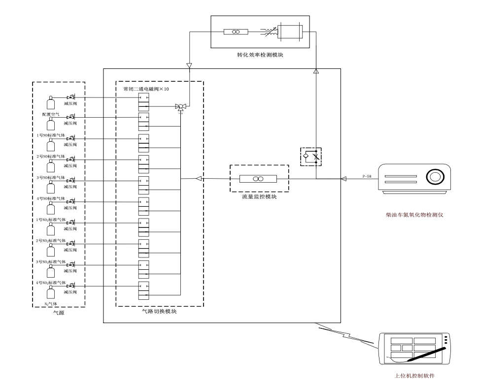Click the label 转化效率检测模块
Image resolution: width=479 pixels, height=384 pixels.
[260, 55]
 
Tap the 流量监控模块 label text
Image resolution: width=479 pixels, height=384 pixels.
[259, 196]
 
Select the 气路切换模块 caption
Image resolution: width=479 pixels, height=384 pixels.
[159, 311]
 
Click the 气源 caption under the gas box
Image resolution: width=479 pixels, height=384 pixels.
[59, 313]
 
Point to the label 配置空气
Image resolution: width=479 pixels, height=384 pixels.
[51, 115]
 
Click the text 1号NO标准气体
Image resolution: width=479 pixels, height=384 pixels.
[51, 135]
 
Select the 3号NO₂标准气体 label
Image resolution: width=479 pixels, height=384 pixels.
[51, 262]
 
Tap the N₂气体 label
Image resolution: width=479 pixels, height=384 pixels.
[51, 304]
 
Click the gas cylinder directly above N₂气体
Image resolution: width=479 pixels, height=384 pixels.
[51, 292]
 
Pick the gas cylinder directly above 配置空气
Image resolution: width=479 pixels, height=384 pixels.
[51, 102]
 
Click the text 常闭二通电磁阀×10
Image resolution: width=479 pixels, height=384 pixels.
[146, 89]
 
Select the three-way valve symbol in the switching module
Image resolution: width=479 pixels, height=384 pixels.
[180, 107]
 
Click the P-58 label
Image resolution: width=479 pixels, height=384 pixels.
[367, 176]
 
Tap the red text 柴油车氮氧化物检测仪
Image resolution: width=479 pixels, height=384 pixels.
[414, 215]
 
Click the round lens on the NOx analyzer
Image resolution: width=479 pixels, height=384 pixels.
[435, 176]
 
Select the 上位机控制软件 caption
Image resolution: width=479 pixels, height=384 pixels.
[414, 376]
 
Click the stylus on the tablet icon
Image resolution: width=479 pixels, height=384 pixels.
[426, 354]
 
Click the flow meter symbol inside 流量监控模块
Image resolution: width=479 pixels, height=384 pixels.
[258, 179]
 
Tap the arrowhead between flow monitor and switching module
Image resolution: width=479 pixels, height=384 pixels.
[199, 179]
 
